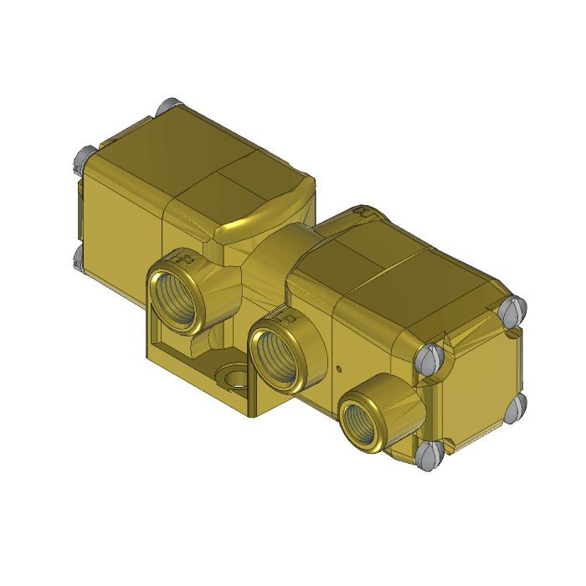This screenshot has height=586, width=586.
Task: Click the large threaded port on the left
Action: (179, 293)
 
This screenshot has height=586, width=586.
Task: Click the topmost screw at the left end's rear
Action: (165, 107)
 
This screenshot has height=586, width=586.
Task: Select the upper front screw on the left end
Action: (85, 155)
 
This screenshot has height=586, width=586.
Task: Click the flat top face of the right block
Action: (402, 268)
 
